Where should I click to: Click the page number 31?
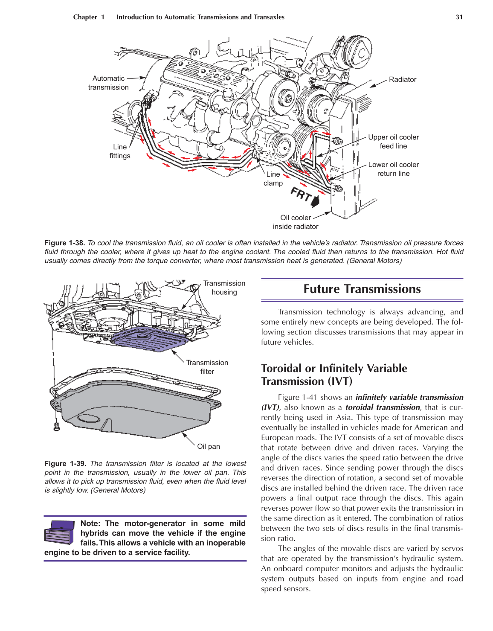[x=459, y=17]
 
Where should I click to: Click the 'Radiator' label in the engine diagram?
[x=402, y=79]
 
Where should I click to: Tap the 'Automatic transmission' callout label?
[x=108, y=83]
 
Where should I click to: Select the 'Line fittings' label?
[x=120, y=151]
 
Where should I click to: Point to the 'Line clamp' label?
[x=273, y=179]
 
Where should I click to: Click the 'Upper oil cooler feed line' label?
[x=393, y=142]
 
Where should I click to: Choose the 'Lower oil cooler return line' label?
[x=393, y=169]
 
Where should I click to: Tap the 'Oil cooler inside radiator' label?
[x=296, y=222]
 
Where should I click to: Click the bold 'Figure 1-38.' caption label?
[x=64, y=243]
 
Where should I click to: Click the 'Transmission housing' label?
[x=224, y=288]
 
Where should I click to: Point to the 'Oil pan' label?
[x=209, y=446]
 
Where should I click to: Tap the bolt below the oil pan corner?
[x=56, y=426]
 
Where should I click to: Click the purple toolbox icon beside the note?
[x=59, y=532]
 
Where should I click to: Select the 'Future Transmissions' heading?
[x=362, y=289]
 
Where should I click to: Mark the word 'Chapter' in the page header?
[x=85, y=17]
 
